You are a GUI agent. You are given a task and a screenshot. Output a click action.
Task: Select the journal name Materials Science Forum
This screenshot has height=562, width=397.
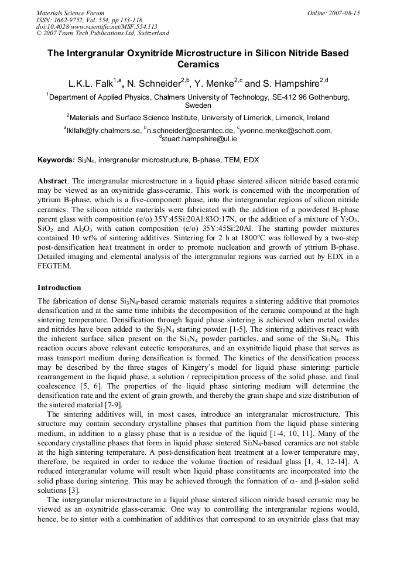(x=70, y=13)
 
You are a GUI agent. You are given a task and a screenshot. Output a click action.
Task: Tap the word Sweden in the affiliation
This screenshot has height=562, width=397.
(x=198, y=106)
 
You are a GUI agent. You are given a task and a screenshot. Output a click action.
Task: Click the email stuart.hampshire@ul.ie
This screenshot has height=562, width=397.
(x=199, y=139)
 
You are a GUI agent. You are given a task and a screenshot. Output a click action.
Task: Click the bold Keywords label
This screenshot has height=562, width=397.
(x=56, y=159)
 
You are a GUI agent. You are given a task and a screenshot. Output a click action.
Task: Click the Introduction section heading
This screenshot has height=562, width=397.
(x=59, y=288)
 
